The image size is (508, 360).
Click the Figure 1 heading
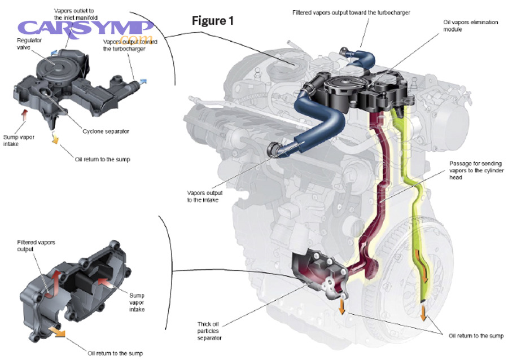pyautogui.click(x=212, y=21)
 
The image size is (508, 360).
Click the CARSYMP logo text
pyautogui.click(x=85, y=28)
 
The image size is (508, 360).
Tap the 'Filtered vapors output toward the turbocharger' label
pyautogui.click(x=353, y=12)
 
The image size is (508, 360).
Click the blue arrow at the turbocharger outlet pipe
pyautogui.click(x=143, y=82)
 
